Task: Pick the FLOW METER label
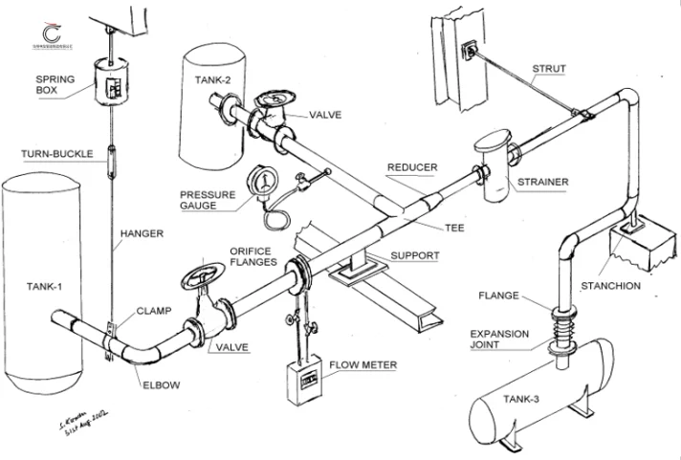pos(362,364)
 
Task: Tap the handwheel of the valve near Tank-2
pos(275,99)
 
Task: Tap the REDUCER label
pos(411,167)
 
